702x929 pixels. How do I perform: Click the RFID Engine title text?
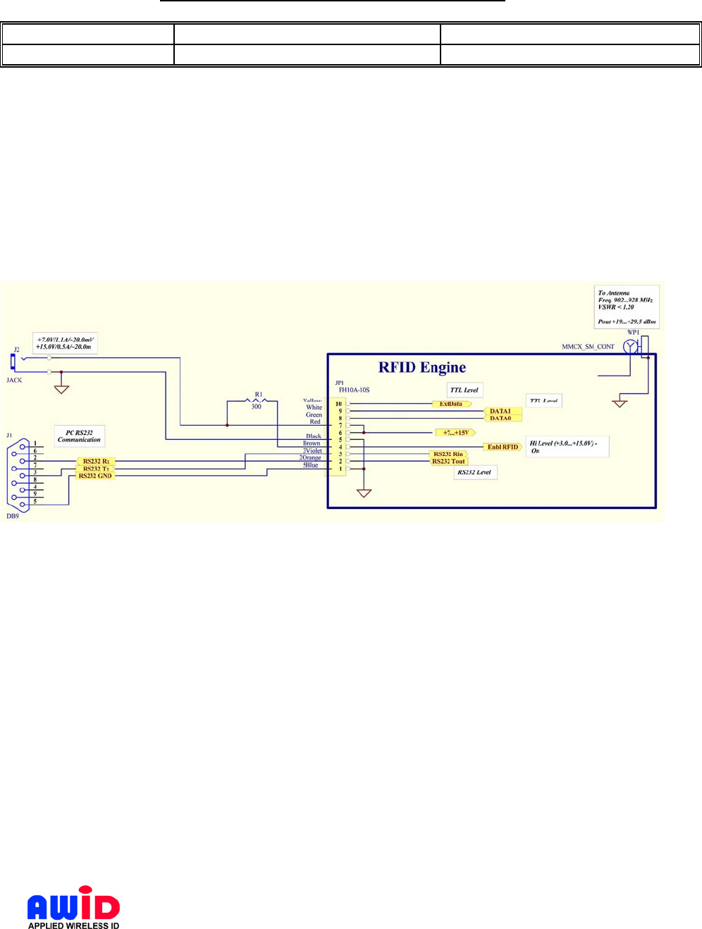pyautogui.click(x=422, y=367)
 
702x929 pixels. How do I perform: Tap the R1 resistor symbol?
pyautogui.click(x=257, y=400)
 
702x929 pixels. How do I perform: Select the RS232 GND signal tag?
pyautogui.click(x=95, y=476)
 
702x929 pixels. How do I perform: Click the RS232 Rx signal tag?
pyautogui.click(x=96, y=462)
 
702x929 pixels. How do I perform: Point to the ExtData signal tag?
pyautogui.click(x=451, y=404)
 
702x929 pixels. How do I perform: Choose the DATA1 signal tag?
pyautogui.click(x=500, y=411)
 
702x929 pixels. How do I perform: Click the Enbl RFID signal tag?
pyautogui.click(x=503, y=447)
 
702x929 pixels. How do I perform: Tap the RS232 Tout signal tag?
pyautogui.click(x=449, y=462)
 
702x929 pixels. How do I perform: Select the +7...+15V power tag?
pyautogui.click(x=455, y=433)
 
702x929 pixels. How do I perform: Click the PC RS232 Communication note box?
pyautogui.click(x=80, y=436)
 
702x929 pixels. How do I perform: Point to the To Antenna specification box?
pyautogui.click(x=627, y=307)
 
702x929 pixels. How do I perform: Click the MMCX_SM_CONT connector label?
pyautogui.click(x=588, y=347)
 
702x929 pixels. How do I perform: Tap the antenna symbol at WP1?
pyautogui.click(x=631, y=346)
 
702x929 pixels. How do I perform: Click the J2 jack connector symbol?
pyautogui.click(x=13, y=362)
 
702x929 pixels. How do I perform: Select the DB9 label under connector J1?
pyautogui.click(x=13, y=516)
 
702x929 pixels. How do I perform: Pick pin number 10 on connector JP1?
pyautogui.click(x=339, y=404)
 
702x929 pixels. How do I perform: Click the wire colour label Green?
pyautogui.click(x=314, y=414)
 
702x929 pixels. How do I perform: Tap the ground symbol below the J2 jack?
pyautogui.click(x=62, y=388)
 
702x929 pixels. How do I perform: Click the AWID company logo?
pyautogui.click(x=73, y=908)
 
